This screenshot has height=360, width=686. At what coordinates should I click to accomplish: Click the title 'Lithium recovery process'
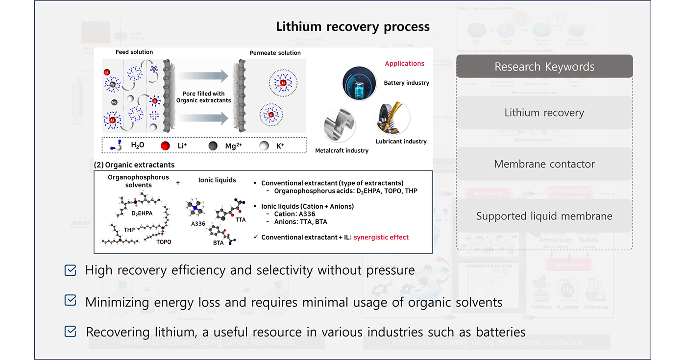pyautogui.click(x=353, y=26)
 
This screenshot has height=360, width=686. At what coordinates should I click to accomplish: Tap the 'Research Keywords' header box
pyautogui.click(x=544, y=67)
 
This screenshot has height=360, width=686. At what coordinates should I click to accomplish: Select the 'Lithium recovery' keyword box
pyautogui.click(x=544, y=113)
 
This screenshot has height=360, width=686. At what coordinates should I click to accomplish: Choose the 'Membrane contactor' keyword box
pyautogui.click(x=544, y=164)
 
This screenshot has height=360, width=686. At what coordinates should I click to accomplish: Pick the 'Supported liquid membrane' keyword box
pyautogui.click(x=544, y=216)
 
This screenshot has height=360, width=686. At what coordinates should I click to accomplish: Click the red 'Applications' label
pyautogui.click(x=404, y=64)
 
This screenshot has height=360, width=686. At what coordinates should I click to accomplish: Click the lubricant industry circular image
pyautogui.click(x=392, y=118)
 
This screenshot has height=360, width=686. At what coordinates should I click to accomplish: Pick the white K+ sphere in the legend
pyautogui.click(x=264, y=145)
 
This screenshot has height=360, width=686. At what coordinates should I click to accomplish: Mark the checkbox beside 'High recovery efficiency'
pyautogui.click(x=71, y=270)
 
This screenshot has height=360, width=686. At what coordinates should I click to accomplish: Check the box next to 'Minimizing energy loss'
pyautogui.click(x=71, y=301)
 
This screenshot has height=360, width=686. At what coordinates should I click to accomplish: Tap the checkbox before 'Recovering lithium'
pyautogui.click(x=71, y=332)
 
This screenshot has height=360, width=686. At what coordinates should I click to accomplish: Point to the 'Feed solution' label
pyautogui.click(x=134, y=52)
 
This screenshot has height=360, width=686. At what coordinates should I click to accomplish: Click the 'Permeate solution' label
pyautogui.click(x=275, y=53)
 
